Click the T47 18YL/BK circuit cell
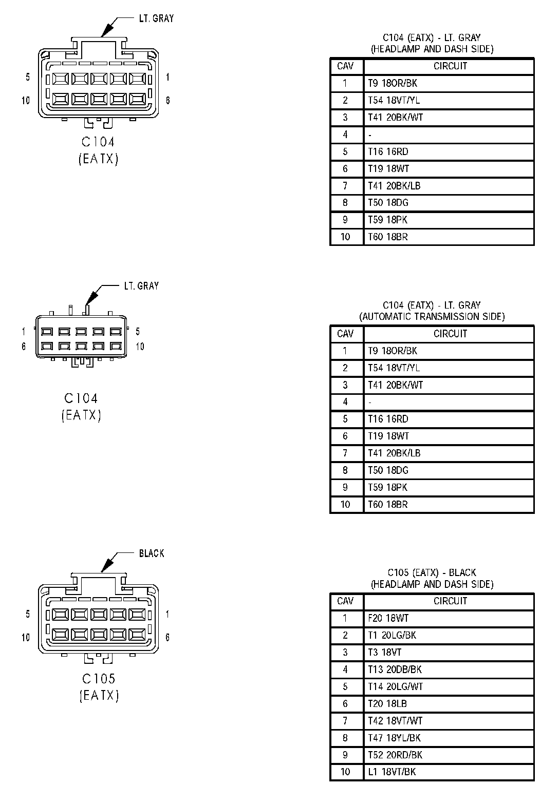point(394,738)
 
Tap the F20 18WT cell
point(388,618)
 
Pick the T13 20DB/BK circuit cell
point(395,669)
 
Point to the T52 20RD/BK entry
point(395,755)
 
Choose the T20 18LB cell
point(387,703)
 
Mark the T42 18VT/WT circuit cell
point(395,721)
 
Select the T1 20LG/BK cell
point(392,635)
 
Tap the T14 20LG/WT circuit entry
point(395,686)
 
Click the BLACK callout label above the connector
point(152,553)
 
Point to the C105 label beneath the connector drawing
point(99,679)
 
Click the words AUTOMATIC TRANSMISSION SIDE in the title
point(432,316)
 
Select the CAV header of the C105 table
point(345,601)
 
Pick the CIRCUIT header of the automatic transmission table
point(450,334)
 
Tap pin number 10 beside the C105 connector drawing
point(26,637)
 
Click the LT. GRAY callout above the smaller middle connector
point(141,285)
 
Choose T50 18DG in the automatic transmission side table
point(388,470)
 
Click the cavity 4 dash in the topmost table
point(370,135)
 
